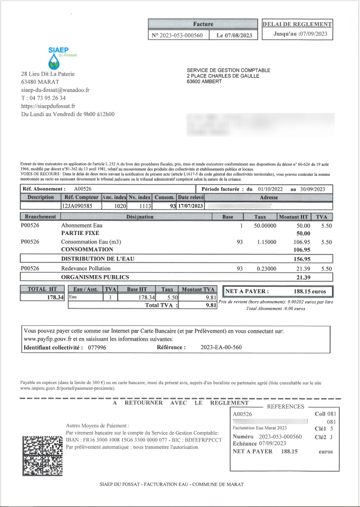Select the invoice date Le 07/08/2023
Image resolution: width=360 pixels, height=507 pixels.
pyautogui.click(x=234, y=35)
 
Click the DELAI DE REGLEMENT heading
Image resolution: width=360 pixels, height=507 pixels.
pyautogui.click(x=297, y=24)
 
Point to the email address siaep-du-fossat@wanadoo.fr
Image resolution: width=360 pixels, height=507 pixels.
pyautogui.click(x=55, y=90)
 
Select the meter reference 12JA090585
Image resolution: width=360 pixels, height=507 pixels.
pyautogui.click(x=78, y=206)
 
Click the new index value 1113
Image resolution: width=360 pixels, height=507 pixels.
pyautogui.click(x=144, y=206)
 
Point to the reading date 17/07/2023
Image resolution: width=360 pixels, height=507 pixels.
pyautogui.click(x=191, y=206)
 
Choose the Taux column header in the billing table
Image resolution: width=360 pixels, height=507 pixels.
pyautogui.click(x=260, y=217)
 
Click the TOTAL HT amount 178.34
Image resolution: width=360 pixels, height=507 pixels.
pyautogui.click(x=55, y=298)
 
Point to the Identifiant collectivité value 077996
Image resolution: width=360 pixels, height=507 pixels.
pyautogui.click(x=97, y=348)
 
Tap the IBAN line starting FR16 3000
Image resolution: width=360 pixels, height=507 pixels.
pyautogui.click(x=144, y=440)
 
